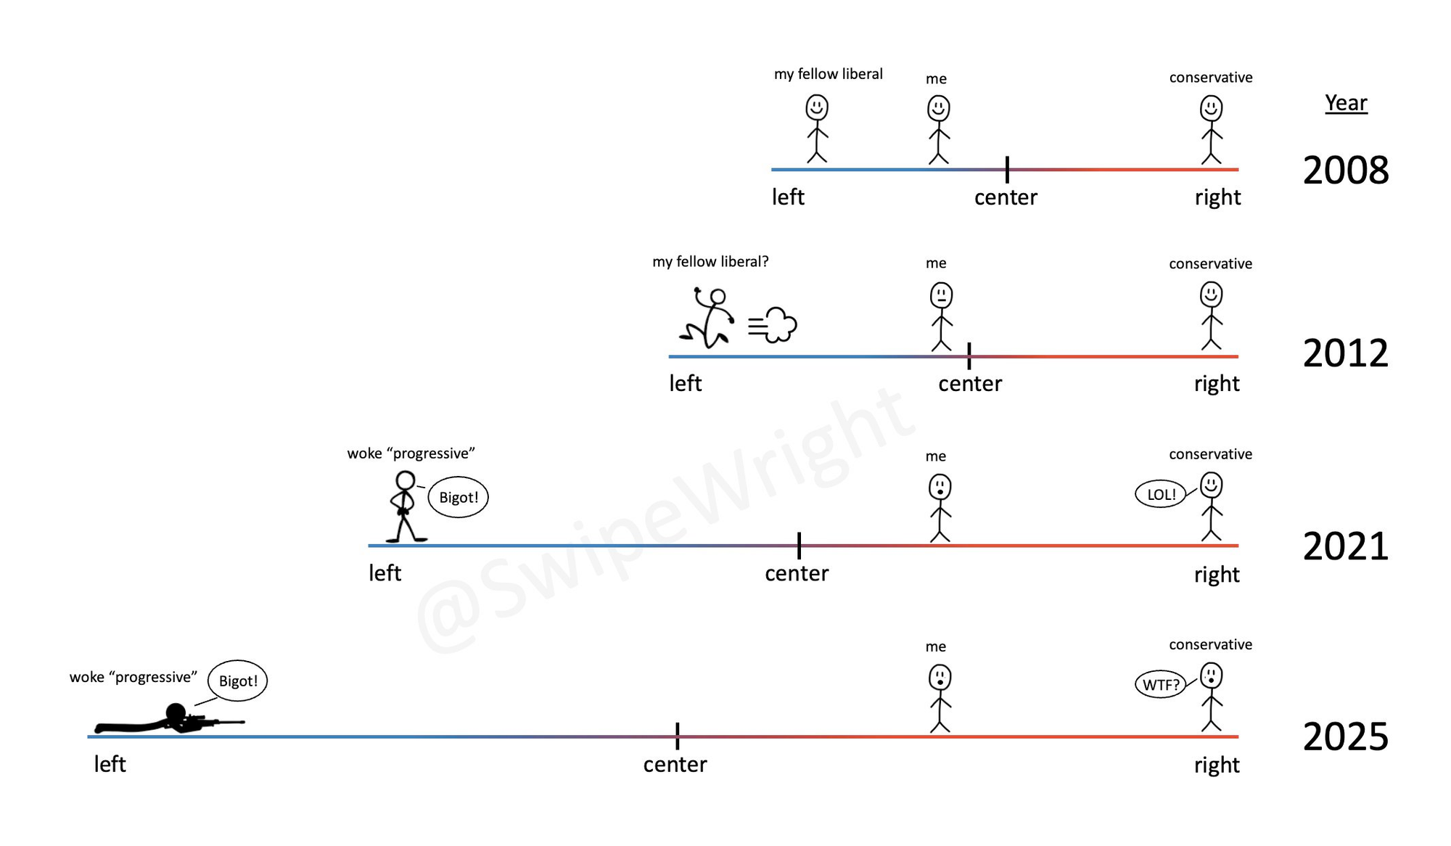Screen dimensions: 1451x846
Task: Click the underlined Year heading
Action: click(x=1346, y=103)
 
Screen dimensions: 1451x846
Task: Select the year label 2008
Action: click(x=1346, y=170)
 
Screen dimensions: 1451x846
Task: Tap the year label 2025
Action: click(x=1346, y=736)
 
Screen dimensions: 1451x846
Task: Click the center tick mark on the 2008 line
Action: click(x=1007, y=169)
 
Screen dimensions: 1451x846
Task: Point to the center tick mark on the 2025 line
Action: click(x=677, y=736)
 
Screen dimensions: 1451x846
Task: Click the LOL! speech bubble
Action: click(x=1160, y=494)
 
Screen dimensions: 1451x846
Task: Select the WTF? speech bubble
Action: click(x=1160, y=684)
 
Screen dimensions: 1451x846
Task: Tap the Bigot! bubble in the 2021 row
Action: click(x=459, y=497)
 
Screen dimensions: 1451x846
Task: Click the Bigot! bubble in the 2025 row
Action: click(x=238, y=681)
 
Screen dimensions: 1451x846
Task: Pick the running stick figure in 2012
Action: click(x=707, y=318)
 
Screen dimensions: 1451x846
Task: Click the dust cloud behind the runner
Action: click(x=773, y=325)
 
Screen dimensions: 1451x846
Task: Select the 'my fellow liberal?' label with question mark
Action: click(x=710, y=261)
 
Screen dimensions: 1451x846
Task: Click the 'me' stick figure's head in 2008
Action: click(x=939, y=109)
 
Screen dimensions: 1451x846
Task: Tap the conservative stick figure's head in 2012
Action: click(x=1211, y=295)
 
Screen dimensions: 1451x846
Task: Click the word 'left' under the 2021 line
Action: click(x=385, y=573)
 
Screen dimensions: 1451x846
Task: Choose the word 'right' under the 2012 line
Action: click(x=1217, y=384)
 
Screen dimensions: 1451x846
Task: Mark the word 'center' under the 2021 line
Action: click(x=797, y=573)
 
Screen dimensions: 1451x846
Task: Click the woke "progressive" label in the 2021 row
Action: click(x=411, y=453)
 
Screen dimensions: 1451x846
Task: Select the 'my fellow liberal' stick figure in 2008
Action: click(x=817, y=129)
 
